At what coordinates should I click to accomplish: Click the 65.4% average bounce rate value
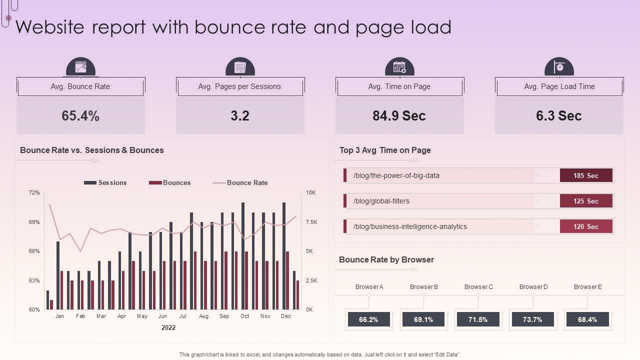pos(80,116)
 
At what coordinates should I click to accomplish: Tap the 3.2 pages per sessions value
pos(240,116)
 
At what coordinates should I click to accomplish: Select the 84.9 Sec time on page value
pos(399,116)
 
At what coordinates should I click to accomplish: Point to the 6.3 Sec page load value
pos(558,116)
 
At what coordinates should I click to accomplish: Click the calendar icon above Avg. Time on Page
pos(399,67)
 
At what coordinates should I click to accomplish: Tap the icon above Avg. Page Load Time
pos(559,67)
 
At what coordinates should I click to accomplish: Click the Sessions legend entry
pos(105,183)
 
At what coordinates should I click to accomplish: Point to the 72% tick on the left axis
pos(34,192)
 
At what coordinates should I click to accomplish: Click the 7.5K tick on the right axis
pos(311,222)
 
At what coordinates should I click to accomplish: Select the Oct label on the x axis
pos(244,316)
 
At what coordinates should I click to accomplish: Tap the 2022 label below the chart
pos(168,328)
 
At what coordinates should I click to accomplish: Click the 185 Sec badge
pos(586,175)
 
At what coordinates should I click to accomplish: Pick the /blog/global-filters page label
pos(381,201)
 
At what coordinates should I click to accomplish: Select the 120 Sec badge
pos(586,226)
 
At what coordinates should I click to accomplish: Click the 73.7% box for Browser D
pos(532,319)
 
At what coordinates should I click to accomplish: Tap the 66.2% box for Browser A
pos(368,319)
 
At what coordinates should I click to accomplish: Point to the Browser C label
pos(478,287)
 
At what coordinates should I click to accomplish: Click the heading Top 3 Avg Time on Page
pos(385,150)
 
